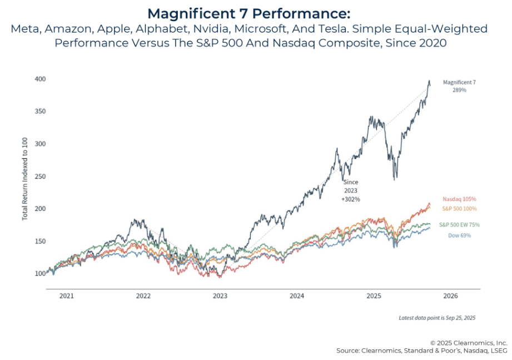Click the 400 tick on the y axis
pyautogui.click(x=39, y=80)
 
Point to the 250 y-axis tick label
pyautogui.click(x=39, y=176)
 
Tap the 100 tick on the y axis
pyautogui.click(x=39, y=274)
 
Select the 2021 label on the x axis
pyautogui.click(x=67, y=296)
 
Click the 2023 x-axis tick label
pyautogui.click(x=220, y=296)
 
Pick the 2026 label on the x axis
pyautogui.click(x=450, y=296)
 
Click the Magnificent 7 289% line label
pyautogui.click(x=459, y=86)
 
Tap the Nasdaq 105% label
pyautogui.click(x=460, y=199)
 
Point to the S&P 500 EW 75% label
pyautogui.click(x=459, y=225)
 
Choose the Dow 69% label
pyautogui.click(x=459, y=235)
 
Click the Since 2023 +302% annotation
pyautogui.click(x=351, y=190)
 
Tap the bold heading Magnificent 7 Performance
pyautogui.click(x=256, y=12)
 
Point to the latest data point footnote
pyautogui.click(x=437, y=318)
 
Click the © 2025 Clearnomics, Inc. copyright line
pyautogui.click(x=469, y=343)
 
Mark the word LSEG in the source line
pyautogui.click(x=498, y=351)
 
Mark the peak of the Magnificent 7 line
pyautogui.click(x=429, y=81)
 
